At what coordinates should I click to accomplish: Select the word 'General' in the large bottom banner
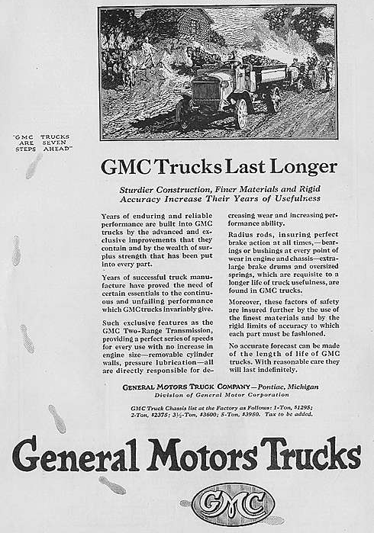tap(73, 455)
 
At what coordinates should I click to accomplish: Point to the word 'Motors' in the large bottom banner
tap(201, 455)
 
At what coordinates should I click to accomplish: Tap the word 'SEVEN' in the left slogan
tap(56, 142)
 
